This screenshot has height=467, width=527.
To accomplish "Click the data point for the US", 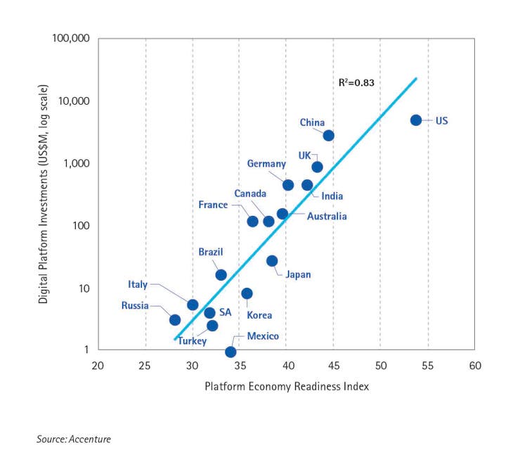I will click(x=416, y=120).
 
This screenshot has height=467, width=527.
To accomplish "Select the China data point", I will click(x=328, y=135).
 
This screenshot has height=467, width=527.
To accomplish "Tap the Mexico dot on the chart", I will click(x=230, y=352).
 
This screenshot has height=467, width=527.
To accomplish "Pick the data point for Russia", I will click(x=175, y=319).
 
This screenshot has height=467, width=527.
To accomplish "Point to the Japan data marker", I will click(x=272, y=261).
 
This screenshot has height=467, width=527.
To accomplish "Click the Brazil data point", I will click(x=221, y=275).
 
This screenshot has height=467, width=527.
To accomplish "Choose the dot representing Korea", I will click(x=247, y=293).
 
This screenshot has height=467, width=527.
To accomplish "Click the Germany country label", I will click(x=266, y=164).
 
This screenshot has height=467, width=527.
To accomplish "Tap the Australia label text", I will click(x=327, y=216).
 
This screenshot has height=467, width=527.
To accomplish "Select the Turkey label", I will click(x=192, y=341).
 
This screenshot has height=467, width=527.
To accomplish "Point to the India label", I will click(x=332, y=196).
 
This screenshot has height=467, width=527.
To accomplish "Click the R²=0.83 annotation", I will click(x=356, y=82).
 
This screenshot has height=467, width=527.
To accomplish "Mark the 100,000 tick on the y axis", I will click(x=71, y=37).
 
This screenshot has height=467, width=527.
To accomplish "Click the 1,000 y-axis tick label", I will click(x=76, y=163).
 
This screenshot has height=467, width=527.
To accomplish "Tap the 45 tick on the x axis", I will click(x=333, y=366).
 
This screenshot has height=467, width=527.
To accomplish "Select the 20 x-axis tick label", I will click(x=98, y=366).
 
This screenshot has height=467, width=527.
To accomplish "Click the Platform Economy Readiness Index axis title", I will click(x=287, y=386).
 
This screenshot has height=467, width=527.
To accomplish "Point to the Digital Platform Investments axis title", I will click(x=44, y=193).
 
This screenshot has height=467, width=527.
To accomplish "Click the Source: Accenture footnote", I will click(x=74, y=440).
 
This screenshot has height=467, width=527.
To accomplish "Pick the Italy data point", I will click(x=193, y=305).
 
